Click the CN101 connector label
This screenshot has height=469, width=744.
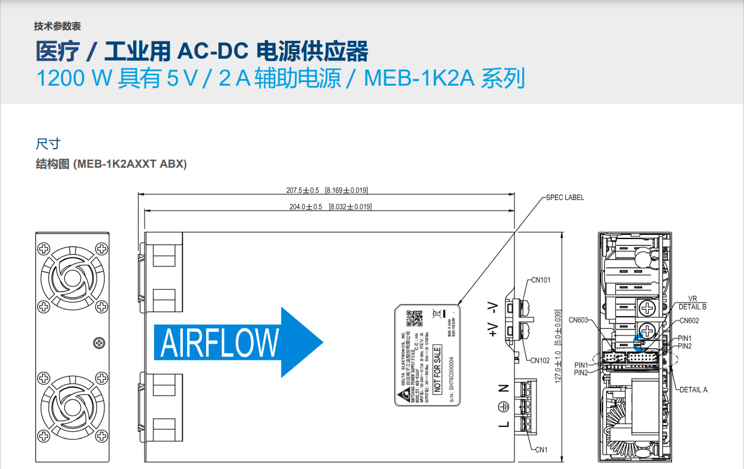tap(541, 280)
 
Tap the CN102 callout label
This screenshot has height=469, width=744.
tap(540, 361)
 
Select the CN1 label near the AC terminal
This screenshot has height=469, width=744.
tap(541, 449)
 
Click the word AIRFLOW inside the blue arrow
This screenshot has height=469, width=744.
tap(219, 343)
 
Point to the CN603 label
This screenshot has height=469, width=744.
tap(578, 320)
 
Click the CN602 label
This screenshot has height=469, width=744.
tap(689, 320)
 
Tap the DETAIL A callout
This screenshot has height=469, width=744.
tap(693, 390)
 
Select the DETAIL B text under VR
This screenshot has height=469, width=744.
tap(692, 307)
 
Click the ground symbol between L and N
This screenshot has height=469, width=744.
tap(504, 406)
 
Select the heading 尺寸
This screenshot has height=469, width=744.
tap(48, 144)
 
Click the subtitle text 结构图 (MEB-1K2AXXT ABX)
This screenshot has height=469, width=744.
tap(112, 164)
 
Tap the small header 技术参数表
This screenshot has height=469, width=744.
tap(58, 26)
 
